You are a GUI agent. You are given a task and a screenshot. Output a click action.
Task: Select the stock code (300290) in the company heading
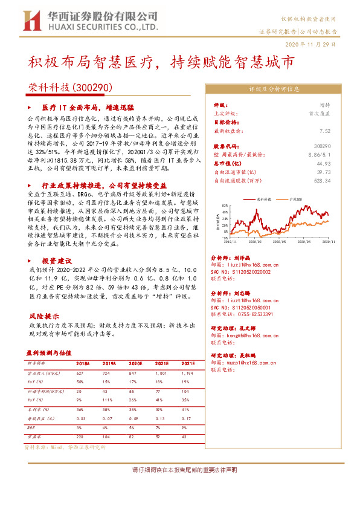(92, 88)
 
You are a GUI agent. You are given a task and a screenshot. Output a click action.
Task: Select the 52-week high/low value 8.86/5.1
(319, 155)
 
